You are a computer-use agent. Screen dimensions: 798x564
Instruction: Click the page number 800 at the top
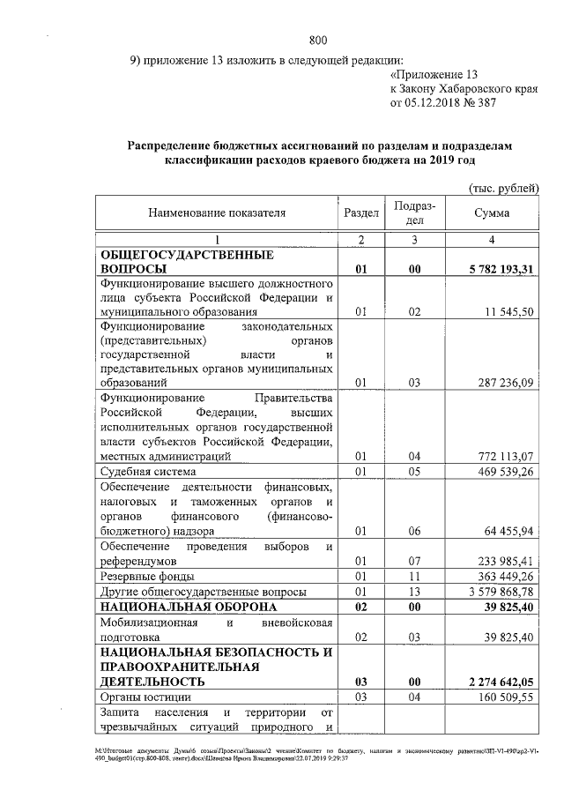point(318,39)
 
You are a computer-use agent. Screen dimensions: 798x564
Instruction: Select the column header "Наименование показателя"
point(217,213)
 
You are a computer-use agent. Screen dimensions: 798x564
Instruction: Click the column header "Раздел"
point(361,213)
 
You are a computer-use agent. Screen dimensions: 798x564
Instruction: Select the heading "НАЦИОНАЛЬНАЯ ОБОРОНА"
point(189,607)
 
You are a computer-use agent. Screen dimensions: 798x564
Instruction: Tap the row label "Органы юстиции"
point(142,697)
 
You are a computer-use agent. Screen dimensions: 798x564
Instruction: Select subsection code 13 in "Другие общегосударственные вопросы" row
point(414,591)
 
